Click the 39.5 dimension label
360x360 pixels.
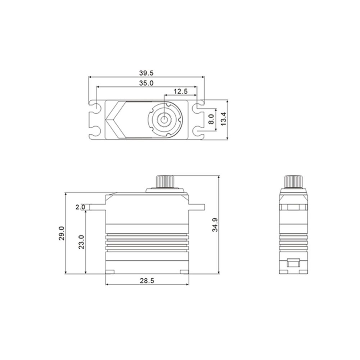pos(146,73)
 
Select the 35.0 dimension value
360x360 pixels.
pos(146,83)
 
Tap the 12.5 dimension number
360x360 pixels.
pos(180,91)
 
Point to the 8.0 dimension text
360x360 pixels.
pos(211,119)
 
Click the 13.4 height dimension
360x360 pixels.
pos(224,119)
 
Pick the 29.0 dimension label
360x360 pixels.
pos(62,233)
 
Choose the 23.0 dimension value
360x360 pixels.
pos(81,242)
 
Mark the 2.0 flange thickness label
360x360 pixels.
pos(80,207)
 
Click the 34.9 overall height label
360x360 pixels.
pos(215,225)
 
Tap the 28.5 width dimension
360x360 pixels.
pos(147,280)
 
